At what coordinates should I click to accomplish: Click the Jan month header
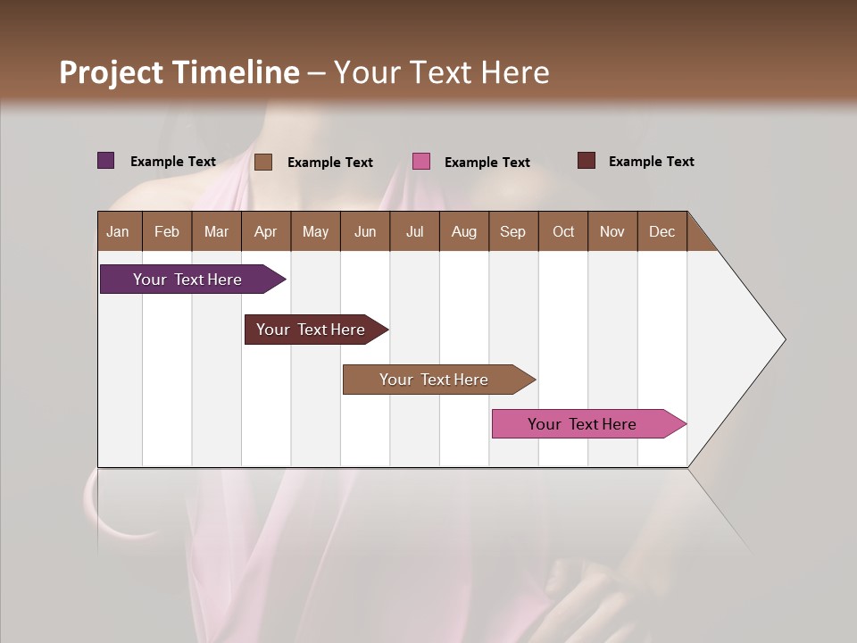tap(118, 231)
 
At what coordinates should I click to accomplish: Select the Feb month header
tap(167, 231)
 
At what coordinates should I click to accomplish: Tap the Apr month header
tap(265, 231)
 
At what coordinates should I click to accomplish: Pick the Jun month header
tap(365, 231)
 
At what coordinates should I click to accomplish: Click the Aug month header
tap(463, 231)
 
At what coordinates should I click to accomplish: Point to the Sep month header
tap(512, 231)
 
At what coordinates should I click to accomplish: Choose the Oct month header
tap(563, 231)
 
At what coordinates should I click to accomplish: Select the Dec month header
tap(661, 231)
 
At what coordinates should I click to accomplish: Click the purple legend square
tap(106, 161)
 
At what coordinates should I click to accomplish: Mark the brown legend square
tap(263, 162)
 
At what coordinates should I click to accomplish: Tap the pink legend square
tap(421, 162)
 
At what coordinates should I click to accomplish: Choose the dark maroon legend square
tap(586, 161)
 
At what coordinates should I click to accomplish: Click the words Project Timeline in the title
tap(179, 72)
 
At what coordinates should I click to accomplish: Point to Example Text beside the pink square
tap(487, 163)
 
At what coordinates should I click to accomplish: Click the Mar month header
tap(216, 231)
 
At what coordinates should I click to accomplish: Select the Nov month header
tap(612, 231)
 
